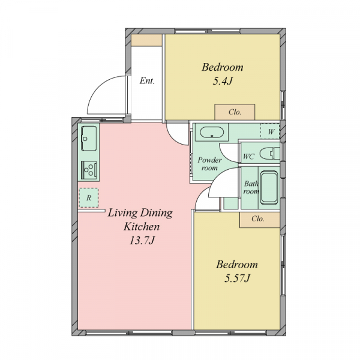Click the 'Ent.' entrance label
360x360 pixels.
147,81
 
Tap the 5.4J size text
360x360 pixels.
223,81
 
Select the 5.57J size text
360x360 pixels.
237,278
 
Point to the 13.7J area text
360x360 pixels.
142,241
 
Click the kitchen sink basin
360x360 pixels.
89,139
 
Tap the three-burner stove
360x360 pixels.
89,170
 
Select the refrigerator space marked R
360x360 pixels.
89,197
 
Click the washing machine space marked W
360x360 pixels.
270,131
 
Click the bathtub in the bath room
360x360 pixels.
269,188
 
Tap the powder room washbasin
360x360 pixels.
212,133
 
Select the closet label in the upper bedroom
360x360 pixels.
235,112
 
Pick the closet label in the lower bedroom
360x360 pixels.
258,218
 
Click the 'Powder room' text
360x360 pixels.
209,164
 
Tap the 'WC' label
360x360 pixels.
248,157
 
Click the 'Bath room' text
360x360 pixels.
251,187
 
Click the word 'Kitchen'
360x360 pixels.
142,227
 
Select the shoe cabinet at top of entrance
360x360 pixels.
146,40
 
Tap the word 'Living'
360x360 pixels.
122,213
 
